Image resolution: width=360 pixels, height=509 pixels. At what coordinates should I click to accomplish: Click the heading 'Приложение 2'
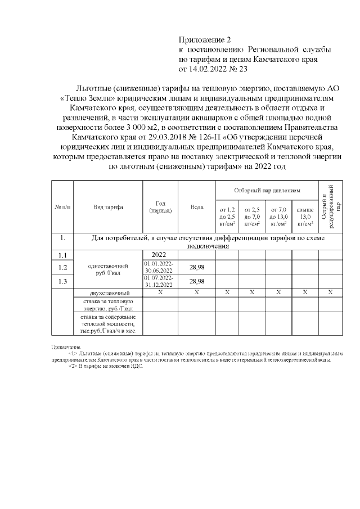point(205,40)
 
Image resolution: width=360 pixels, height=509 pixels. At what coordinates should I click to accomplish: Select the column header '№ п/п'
point(62,207)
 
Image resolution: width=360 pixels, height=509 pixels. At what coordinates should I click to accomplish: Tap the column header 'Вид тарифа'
point(109,207)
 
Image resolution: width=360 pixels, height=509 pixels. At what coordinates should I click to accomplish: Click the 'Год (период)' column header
point(160,207)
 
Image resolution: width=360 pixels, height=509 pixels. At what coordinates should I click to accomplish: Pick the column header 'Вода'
point(196,207)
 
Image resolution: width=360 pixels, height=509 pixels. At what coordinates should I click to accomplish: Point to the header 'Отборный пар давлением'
point(267,191)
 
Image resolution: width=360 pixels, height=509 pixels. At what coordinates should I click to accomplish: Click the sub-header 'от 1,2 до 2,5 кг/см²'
point(226,217)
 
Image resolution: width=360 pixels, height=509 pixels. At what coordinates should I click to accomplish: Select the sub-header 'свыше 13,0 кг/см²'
point(305,217)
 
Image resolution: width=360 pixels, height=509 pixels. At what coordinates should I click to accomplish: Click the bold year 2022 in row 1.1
point(160,255)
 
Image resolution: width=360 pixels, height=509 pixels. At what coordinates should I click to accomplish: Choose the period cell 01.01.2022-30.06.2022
point(160,267)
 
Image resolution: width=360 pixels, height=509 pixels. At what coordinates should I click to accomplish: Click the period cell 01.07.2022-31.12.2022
point(160,281)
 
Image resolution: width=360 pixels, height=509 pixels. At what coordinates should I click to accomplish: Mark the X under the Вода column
point(196,293)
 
